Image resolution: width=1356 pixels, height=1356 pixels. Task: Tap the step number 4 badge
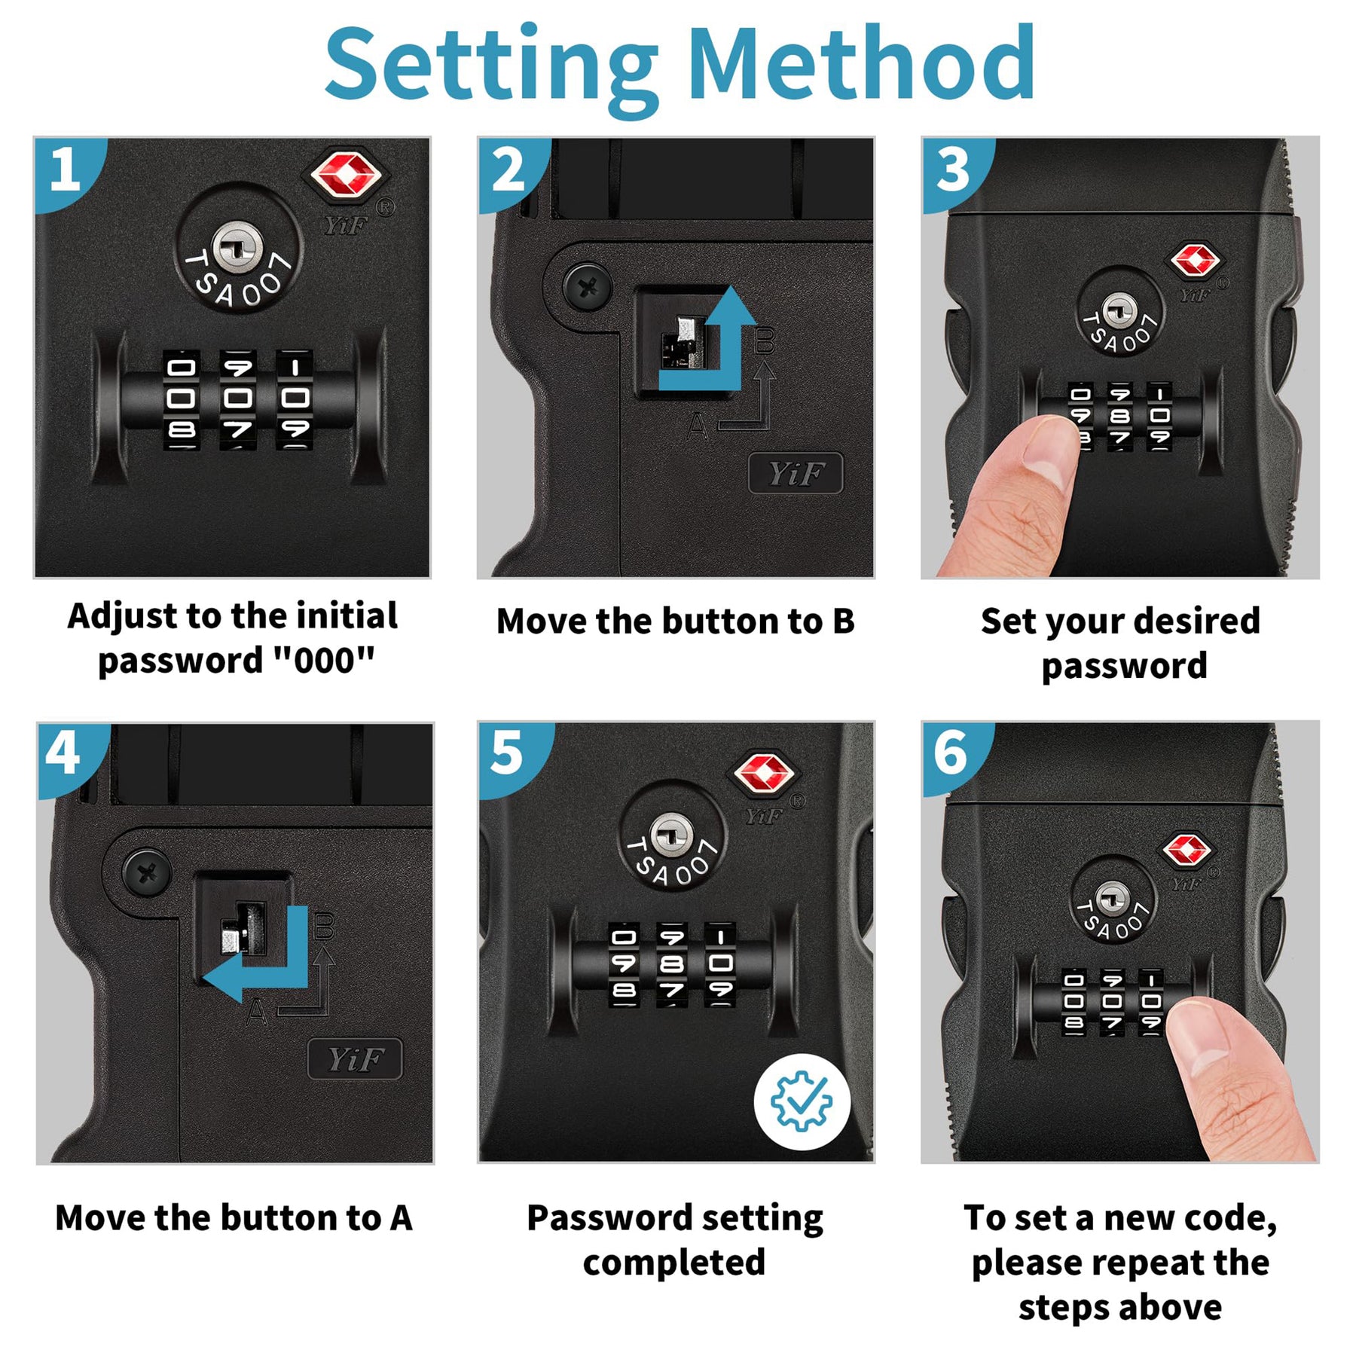pyautogui.click(x=65, y=756)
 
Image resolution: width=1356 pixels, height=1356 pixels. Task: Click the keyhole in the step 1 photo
pyautogui.click(x=237, y=248)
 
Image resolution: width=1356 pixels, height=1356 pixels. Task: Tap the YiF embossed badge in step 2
pyautogui.click(x=796, y=474)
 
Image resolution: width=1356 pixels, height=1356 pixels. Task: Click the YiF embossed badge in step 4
pyautogui.click(x=355, y=1059)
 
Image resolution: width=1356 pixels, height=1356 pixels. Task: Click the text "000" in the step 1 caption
pyautogui.click(x=324, y=661)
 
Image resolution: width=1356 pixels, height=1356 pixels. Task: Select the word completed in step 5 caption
pyautogui.click(x=674, y=1263)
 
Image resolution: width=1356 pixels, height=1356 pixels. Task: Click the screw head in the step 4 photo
pyautogui.click(x=148, y=873)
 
